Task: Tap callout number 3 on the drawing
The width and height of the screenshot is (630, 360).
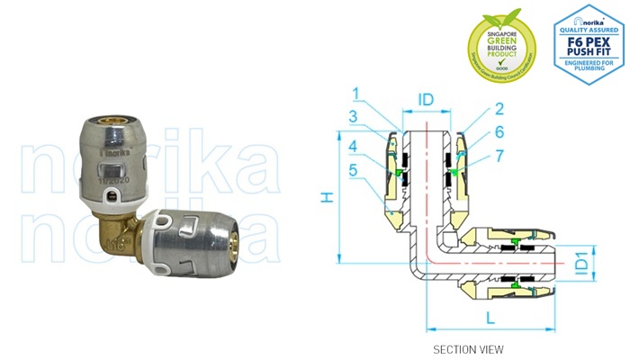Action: [355, 117]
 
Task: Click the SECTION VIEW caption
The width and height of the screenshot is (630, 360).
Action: [468, 348]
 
